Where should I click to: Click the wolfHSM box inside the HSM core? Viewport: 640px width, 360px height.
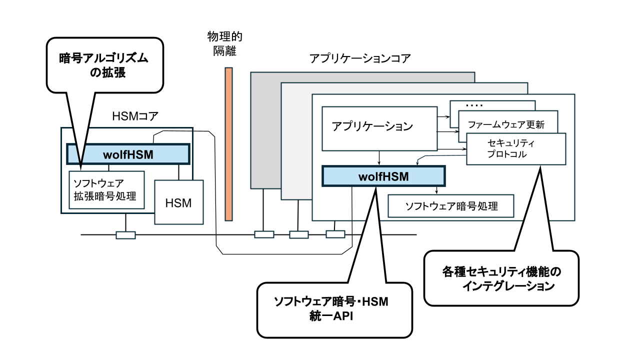pos(128,154)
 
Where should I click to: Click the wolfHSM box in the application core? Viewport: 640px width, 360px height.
pos(383,176)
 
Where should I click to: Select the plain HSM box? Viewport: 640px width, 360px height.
pos(179,202)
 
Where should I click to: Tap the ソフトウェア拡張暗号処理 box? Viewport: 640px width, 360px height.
pos(106,189)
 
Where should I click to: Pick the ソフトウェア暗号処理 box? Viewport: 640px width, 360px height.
pos(451,205)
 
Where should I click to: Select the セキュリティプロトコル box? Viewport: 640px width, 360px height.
pos(515,149)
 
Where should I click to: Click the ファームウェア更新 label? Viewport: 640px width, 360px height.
pos(505,123)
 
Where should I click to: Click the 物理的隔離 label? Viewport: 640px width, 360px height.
pos(221,43)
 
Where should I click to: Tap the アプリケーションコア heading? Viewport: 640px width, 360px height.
pos(360,58)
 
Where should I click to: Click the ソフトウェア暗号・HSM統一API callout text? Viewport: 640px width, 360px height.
pos(334,309)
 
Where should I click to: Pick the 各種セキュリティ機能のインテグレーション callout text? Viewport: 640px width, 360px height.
pos(501,279)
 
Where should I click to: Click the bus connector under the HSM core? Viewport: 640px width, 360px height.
pos(125,234)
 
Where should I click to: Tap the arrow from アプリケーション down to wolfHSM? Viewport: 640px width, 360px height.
pos(379,158)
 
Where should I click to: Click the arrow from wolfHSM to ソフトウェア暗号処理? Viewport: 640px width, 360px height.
pos(436,190)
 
